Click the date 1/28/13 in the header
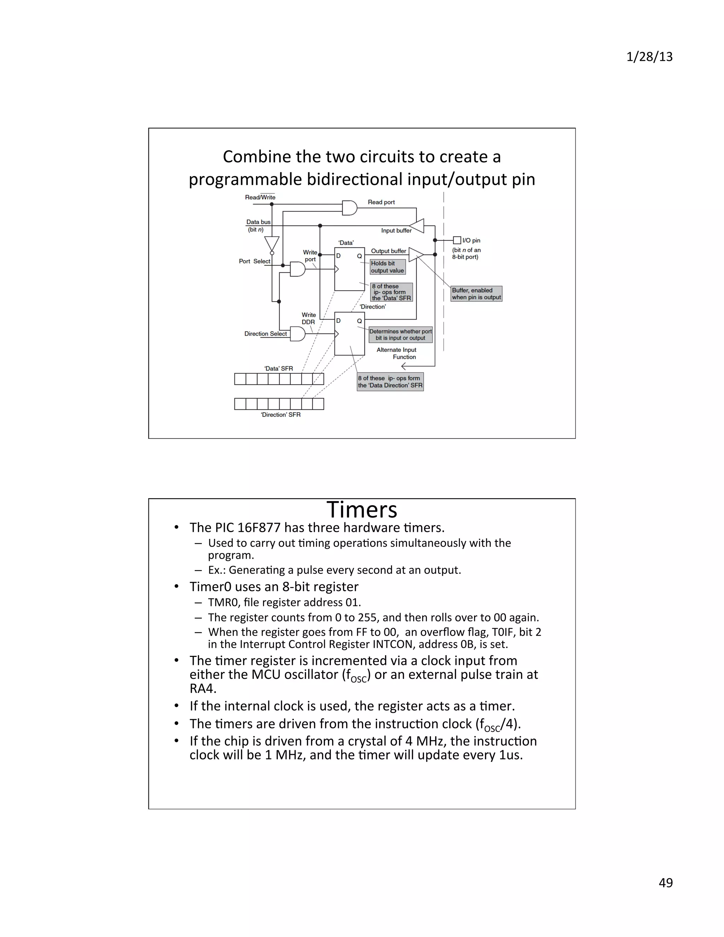click(x=649, y=57)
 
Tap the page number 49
click(x=665, y=883)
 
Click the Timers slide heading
click(x=362, y=510)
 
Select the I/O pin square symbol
click(x=457, y=240)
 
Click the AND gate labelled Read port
click(x=350, y=208)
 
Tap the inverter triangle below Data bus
click(x=271, y=244)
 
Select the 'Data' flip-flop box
click(x=349, y=269)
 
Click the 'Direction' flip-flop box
click(x=349, y=334)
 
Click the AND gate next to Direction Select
click(x=297, y=333)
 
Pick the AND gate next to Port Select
click(x=297, y=269)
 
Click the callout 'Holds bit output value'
click(x=387, y=267)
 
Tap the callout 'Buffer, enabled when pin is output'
click(x=476, y=294)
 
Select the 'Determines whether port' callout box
click(x=400, y=334)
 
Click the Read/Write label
click(x=260, y=197)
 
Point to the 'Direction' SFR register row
click(x=279, y=404)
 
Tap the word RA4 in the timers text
click(x=203, y=688)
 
